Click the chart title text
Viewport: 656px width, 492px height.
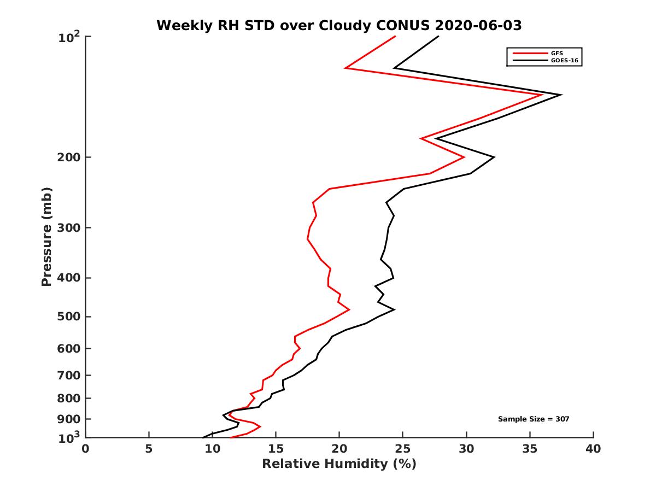[339, 25]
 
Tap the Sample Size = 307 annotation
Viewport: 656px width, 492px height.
[534, 419]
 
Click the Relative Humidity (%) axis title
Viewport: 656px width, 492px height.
[339, 464]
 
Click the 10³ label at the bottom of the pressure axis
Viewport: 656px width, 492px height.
[69, 437]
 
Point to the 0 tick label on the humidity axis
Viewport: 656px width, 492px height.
[86, 449]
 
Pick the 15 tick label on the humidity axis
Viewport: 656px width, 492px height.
[276, 449]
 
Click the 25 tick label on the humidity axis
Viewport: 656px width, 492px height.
[403, 449]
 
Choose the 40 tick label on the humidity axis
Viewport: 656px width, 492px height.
[593, 449]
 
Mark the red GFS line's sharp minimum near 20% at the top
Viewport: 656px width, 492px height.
[346, 68]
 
